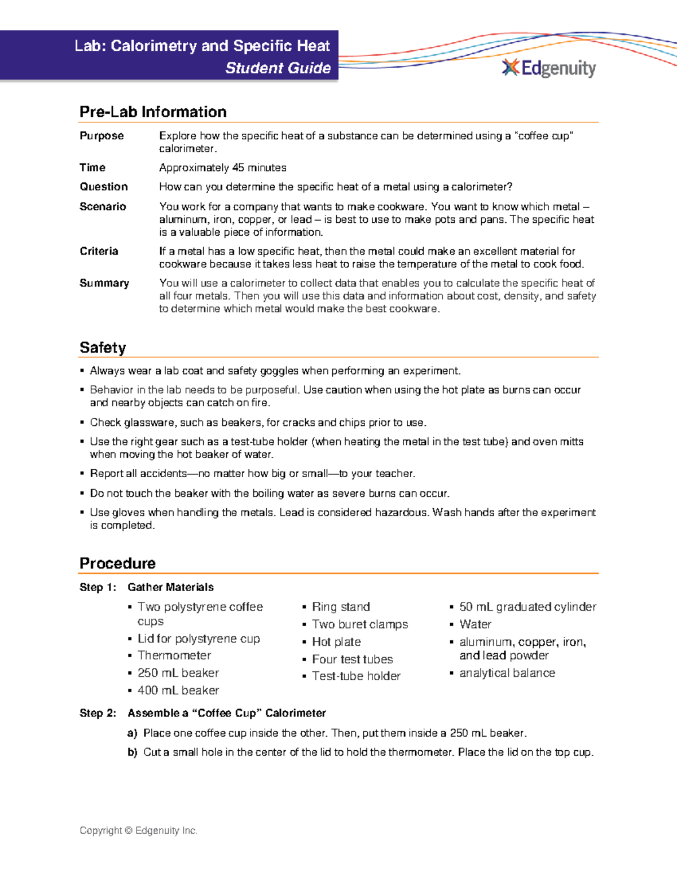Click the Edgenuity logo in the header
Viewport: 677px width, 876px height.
pyautogui.click(x=548, y=68)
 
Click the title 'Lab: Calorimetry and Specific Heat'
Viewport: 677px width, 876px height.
pyautogui.click(x=202, y=46)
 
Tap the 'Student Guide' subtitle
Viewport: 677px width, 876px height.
pyautogui.click(x=278, y=68)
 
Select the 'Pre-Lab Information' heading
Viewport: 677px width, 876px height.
pyautogui.click(x=153, y=112)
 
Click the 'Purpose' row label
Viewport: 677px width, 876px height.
pyautogui.click(x=102, y=136)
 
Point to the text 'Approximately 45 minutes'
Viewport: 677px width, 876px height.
pyautogui.click(x=222, y=168)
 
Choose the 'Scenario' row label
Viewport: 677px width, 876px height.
pyautogui.click(x=103, y=206)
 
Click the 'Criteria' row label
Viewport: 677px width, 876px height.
pyautogui.click(x=99, y=252)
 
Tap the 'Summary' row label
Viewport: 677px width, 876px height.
pyautogui.click(x=104, y=283)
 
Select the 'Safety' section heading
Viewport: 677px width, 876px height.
pyautogui.click(x=103, y=347)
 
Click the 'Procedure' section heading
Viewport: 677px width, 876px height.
pyautogui.click(x=117, y=563)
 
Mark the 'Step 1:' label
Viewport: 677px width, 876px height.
pyautogui.click(x=98, y=587)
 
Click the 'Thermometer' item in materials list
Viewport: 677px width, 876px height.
pyautogui.click(x=174, y=655)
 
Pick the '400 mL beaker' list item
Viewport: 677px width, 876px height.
pyautogui.click(x=178, y=690)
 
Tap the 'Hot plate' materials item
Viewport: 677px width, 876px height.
pyautogui.click(x=336, y=642)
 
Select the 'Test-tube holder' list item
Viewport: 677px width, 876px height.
pyautogui.click(x=356, y=676)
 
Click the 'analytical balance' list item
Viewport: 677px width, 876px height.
pyautogui.click(x=507, y=673)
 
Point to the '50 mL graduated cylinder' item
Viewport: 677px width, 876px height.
pyautogui.click(x=527, y=607)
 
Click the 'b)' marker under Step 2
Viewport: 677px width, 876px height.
pyautogui.click(x=133, y=752)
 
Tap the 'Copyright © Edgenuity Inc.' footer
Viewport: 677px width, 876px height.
pyautogui.click(x=138, y=830)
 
